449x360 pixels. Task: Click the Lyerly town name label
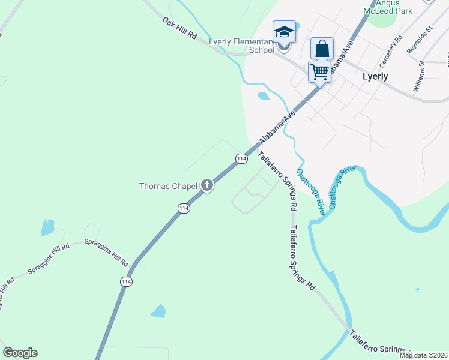375,77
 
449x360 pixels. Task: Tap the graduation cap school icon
283,32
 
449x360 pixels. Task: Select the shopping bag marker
322,49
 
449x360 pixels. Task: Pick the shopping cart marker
319,72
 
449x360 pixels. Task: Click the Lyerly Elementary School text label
241,46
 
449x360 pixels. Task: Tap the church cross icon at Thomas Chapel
207,185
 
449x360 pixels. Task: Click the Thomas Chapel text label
168,186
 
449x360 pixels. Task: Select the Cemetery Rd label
390,51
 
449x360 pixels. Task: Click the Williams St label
418,76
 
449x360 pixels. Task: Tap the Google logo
20,353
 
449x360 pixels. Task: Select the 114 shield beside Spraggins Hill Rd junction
126,281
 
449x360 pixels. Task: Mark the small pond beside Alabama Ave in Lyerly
263,96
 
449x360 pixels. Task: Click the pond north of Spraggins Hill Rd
47,227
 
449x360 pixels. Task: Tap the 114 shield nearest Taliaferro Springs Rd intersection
241,158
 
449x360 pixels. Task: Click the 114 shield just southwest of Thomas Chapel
184,208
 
